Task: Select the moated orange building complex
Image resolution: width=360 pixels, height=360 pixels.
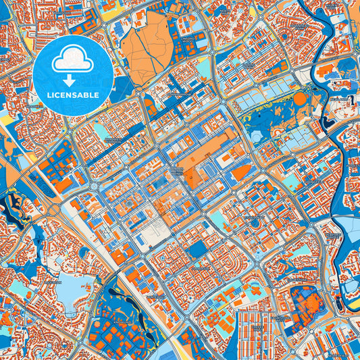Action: click(308, 307)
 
